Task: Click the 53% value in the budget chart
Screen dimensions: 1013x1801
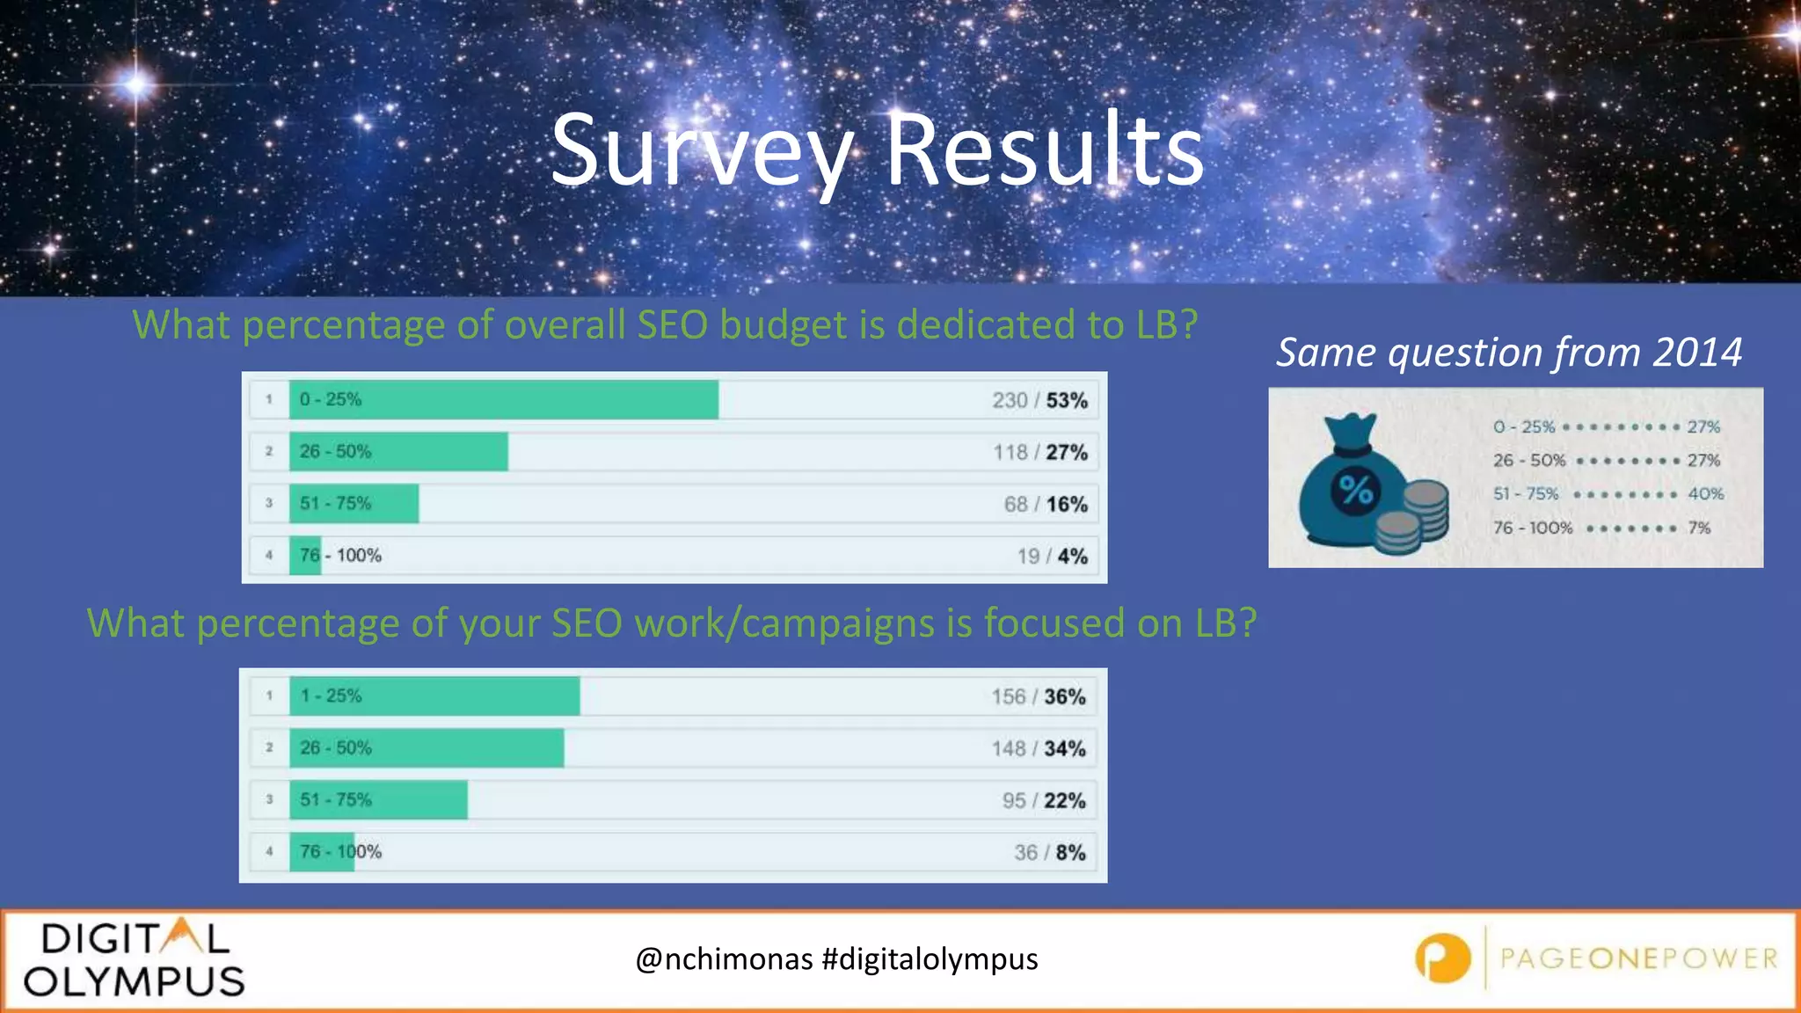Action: [x=1067, y=401]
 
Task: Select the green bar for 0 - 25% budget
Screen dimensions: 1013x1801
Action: [x=503, y=399]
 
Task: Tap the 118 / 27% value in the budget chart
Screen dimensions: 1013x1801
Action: [x=1040, y=453]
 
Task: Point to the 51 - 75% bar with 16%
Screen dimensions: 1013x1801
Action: [x=354, y=504]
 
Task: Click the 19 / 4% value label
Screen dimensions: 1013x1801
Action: [x=1052, y=557]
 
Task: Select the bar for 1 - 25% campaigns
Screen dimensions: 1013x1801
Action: [x=434, y=696]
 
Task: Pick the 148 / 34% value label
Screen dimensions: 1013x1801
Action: [x=1039, y=749]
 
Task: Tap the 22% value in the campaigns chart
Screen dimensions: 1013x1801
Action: [x=1065, y=801]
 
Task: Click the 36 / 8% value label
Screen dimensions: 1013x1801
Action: [x=1049, y=853]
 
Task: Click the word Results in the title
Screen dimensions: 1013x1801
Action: [x=1044, y=151]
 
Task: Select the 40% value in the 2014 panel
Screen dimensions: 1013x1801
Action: [x=1705, y=494]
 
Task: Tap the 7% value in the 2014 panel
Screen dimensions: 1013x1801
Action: [x=1699, y=528]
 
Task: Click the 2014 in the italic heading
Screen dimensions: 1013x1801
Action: [x=1696, y=353]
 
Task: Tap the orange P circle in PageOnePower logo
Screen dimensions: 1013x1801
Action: [x=1442, y=958]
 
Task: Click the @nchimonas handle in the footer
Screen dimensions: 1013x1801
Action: [x=724, y=959]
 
